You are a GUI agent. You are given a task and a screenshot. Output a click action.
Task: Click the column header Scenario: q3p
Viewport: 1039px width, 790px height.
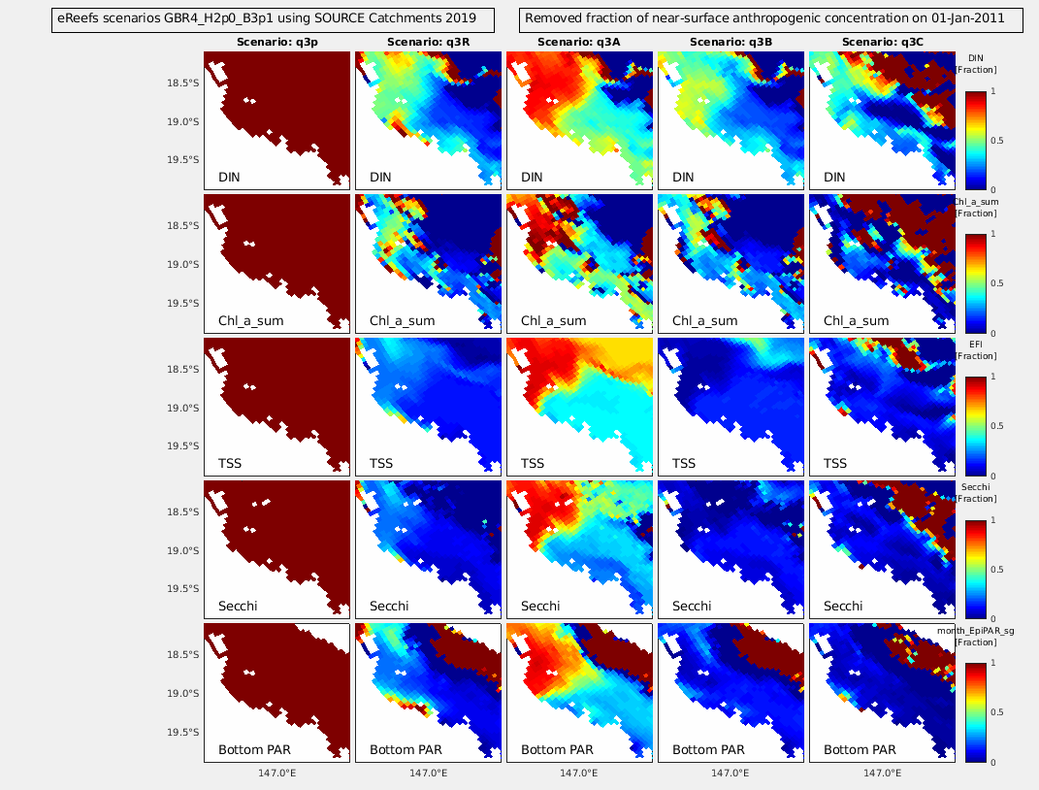(276, 43)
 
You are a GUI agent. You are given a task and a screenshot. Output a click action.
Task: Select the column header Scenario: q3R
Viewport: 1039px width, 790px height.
(427, 43)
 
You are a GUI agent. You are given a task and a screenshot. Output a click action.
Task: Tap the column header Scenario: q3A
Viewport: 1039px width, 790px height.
(578, 43)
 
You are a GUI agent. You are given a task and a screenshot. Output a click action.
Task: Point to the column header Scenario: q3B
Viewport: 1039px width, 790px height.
(730, 43)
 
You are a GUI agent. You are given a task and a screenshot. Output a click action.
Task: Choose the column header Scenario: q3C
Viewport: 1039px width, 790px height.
(881, 43)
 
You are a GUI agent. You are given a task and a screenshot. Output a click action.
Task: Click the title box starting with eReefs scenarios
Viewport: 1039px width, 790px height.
(272, 18)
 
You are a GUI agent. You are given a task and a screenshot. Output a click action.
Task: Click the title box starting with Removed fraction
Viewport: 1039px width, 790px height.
(771, 18)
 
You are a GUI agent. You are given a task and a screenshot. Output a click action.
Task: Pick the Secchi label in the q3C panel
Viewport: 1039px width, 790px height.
(843, 607)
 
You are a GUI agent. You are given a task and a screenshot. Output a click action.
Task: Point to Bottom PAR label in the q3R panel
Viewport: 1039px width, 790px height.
(406, 749)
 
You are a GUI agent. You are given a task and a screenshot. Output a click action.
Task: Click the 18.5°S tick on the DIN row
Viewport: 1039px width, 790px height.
(183, 83)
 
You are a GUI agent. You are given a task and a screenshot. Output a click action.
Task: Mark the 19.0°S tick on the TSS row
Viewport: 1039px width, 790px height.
(183, 408)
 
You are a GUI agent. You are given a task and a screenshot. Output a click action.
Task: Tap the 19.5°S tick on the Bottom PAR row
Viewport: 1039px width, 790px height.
(183, 732)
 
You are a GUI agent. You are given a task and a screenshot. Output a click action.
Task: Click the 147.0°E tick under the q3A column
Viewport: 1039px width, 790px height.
(578, 774)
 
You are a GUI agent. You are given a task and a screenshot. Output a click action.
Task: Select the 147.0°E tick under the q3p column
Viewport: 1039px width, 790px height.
(276, 774)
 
